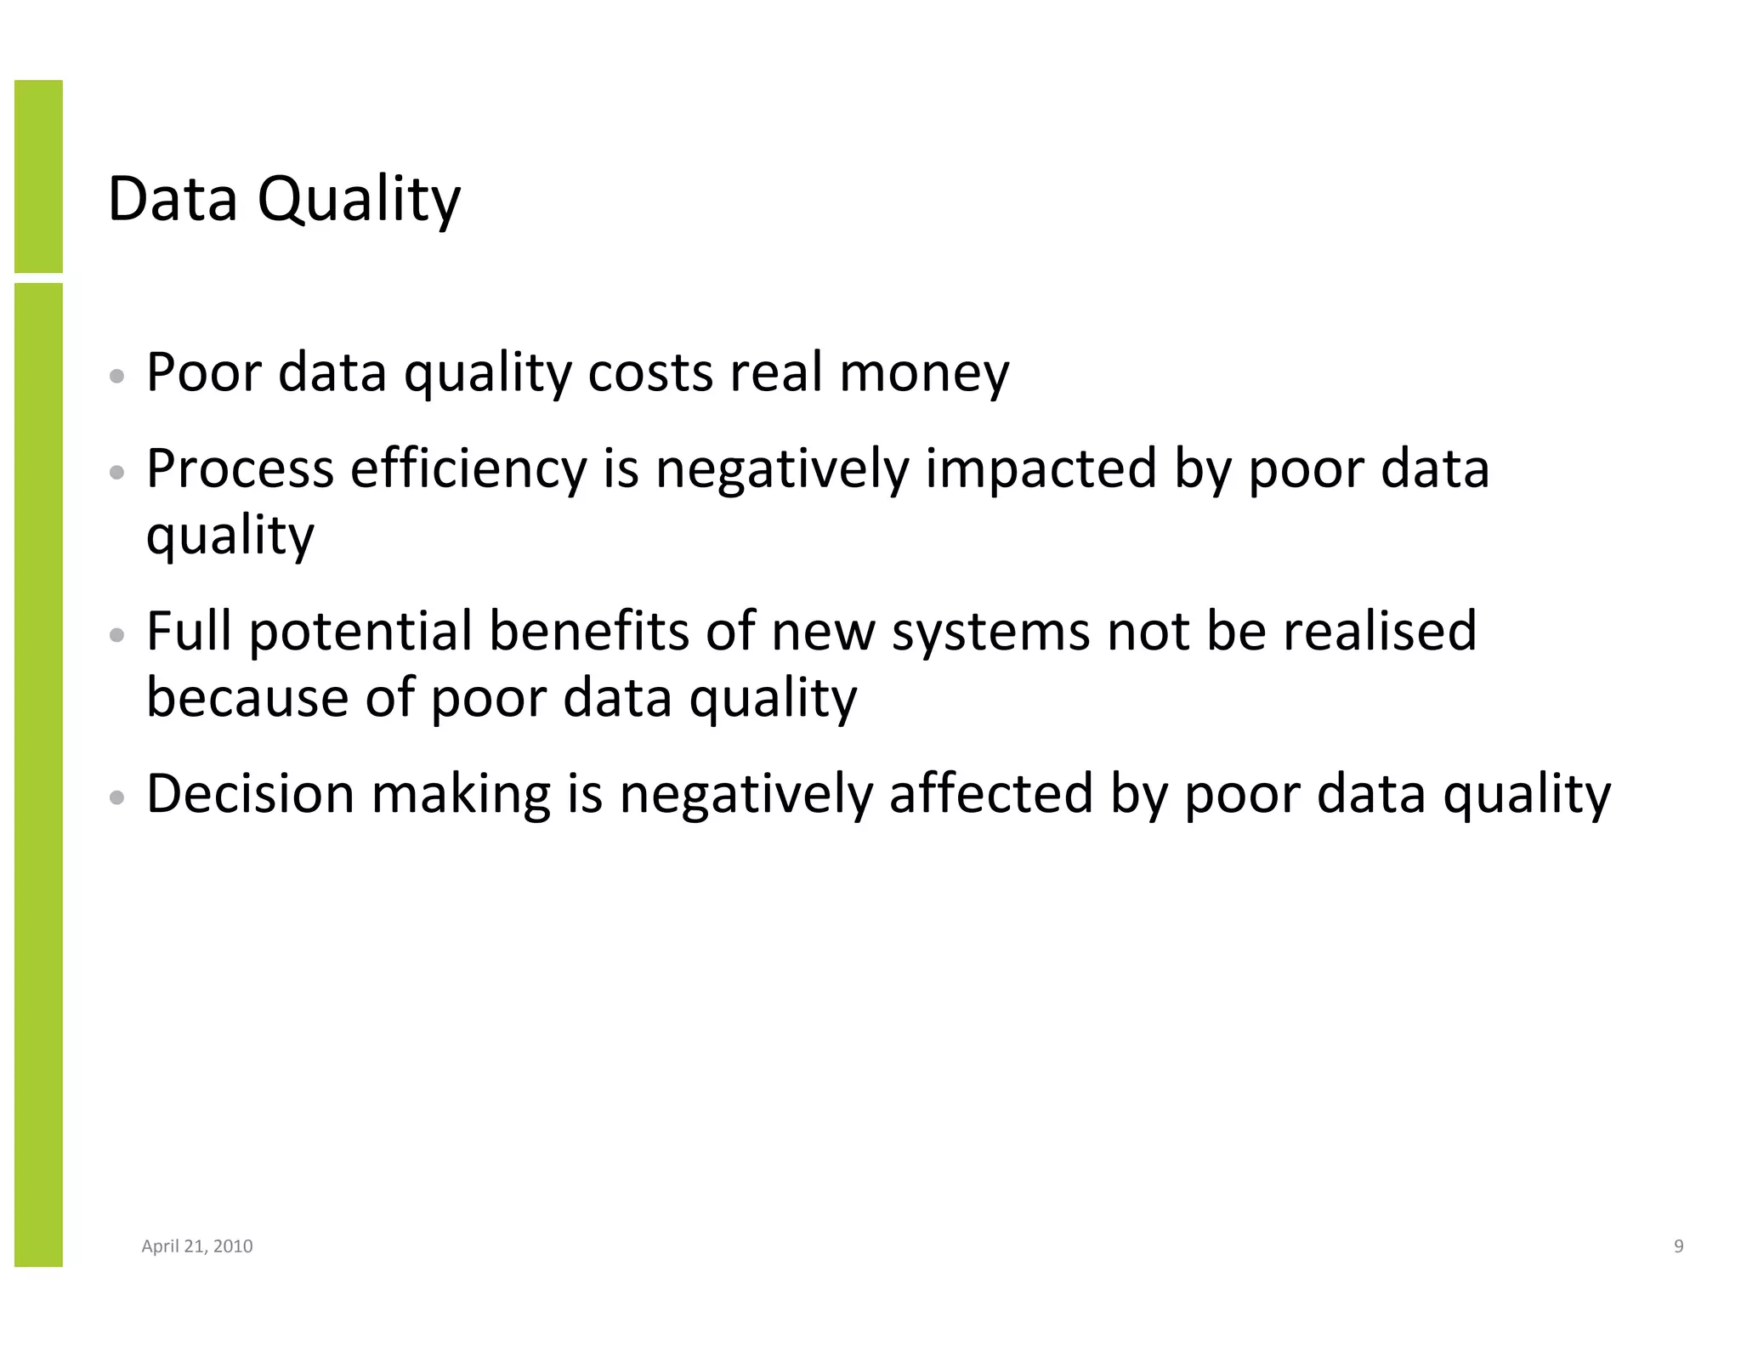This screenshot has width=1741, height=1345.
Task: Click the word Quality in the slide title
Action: [358, 200]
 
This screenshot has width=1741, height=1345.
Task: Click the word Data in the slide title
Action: [173, 200]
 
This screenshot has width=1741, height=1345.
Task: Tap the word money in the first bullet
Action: [924, 374]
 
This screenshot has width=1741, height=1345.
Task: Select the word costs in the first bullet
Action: [650, 374]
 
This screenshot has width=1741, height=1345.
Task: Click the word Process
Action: [240, 469]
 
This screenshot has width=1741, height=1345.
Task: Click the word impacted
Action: [1041, 469]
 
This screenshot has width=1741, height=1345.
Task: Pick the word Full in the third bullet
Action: [189, 632]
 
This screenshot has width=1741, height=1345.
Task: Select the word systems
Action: [990, 632]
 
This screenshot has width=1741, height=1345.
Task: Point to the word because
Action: [247, 698]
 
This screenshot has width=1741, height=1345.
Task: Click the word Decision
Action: [250, 794]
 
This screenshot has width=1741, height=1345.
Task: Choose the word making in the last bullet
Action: [461, 794]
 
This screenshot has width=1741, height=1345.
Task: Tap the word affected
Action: [990, 794]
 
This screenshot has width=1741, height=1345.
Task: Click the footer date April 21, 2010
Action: [196, 1246]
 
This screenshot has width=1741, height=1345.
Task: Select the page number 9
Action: [1678, 1246]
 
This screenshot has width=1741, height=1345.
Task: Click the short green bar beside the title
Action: [38, 176]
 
